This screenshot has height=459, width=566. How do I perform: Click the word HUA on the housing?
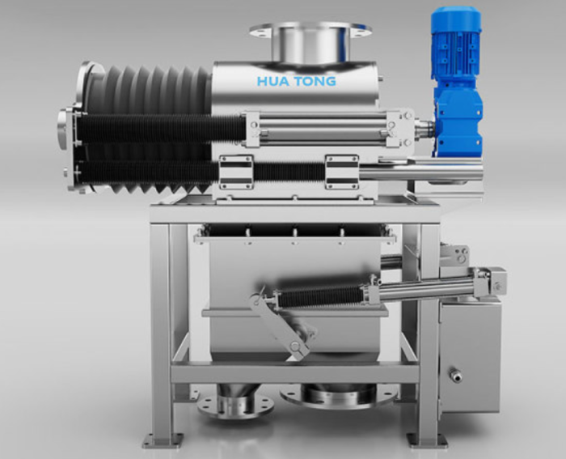[x=273, y=81]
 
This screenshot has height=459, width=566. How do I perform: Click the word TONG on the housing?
[x=315, y=81]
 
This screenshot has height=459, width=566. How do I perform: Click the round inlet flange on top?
[x=310, y=28]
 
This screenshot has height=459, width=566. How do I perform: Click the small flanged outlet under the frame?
[x=235, y=404]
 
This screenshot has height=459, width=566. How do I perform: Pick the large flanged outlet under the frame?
[x=340, y=396]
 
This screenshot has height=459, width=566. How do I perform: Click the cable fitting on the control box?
[x=454, y=375]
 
